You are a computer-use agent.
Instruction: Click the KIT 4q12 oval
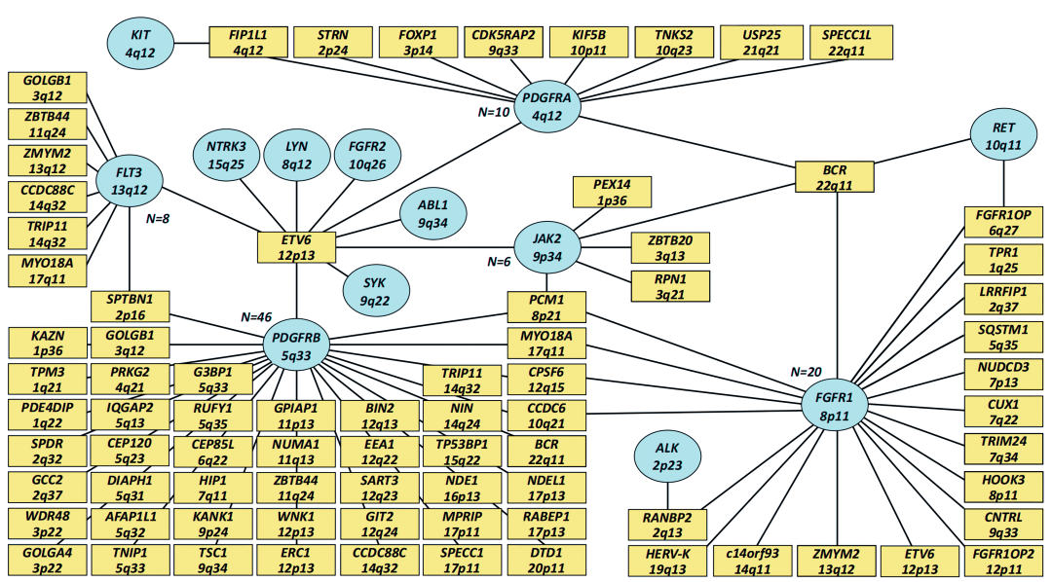(x=141, y=43)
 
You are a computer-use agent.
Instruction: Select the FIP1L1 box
(x=248, y=42)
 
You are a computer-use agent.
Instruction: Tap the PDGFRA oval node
(x=546, y=106)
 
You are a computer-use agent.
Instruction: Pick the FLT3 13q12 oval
(x=130, y=181)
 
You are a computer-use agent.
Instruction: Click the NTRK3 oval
(x=226, y=156)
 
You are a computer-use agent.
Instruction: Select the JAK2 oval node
(x=547, y=247)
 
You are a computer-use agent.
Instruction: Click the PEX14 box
(x=612, y=192)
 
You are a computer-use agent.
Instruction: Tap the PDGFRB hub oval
(x=296, y=346)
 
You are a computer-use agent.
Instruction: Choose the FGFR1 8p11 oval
(x=835, y=406)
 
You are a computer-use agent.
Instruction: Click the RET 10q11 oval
(x=1003, y=135)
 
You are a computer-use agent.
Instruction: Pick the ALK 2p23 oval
(x=667, y=456)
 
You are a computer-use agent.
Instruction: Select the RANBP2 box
(x=667, y=525)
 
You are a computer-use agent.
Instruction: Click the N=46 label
(x=256, y=317)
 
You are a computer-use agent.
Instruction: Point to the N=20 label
(x=806, y=372)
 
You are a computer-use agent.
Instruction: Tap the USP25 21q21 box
(x=761, y=42)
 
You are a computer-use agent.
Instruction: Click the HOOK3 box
(x=1003, y=488)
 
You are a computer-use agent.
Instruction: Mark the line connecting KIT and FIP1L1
(x=192, y=44)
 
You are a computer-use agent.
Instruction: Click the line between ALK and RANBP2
(x=667, y=495)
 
